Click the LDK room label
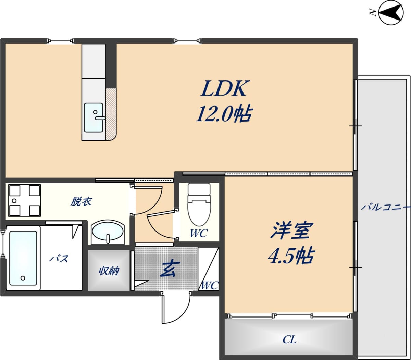click(x=224, y=88)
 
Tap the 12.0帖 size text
click(x=224, y=114)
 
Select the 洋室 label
click(x=289, y=231)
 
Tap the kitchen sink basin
click(x=94, y=117)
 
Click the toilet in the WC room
click(x=199, y=204)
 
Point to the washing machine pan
click(x=24, y=200)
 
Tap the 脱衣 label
click(x=81, y=201)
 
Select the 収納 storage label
click(x=109, y=271)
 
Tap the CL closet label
click(x=289, y=340)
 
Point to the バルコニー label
click(x=385, y=207)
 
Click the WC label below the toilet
click(x=199, y=233)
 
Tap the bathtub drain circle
click(x=23, y=278)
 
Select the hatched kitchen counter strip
click(x=111, y=114)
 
